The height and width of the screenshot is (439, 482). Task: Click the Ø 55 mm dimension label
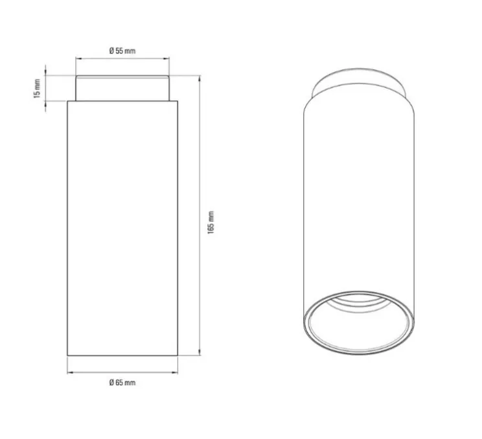122,51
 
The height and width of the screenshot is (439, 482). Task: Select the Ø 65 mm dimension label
122,383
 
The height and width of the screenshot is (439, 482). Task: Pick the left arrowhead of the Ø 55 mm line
78,59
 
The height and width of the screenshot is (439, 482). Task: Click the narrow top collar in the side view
123,88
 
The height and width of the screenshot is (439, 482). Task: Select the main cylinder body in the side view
122,227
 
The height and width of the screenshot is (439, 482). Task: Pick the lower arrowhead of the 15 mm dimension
45,103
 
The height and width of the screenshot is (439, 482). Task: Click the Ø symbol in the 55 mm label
111,51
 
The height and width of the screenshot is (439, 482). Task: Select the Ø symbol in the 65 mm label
111,383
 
